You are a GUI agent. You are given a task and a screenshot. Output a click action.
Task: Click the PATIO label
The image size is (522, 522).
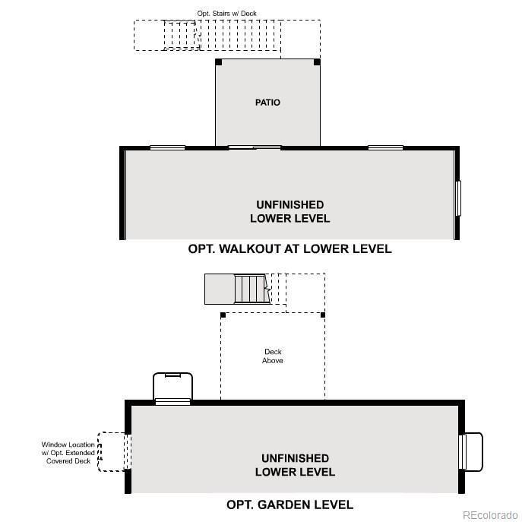click(x=267, y=103)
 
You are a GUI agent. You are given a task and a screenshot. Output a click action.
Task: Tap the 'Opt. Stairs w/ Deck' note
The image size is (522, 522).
click(x=226, y=14)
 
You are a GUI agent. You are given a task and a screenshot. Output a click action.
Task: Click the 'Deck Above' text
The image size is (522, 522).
click(x=273, y=356)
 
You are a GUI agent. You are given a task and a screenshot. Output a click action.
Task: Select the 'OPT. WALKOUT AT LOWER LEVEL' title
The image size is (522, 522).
click(x=289, y=248)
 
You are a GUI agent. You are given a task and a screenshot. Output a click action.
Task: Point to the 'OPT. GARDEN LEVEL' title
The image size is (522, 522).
click(x=289, y=505)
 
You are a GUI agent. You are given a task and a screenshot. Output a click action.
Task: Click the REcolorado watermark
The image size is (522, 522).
click(x=490, y=514)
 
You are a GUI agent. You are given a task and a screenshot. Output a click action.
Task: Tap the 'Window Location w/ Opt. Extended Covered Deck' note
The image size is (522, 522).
click(x=68, y=452)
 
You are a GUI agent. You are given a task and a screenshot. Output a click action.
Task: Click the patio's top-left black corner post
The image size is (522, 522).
click(x=218, y=62)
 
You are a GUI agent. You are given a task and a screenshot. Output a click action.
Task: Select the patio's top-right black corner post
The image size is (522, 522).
click(x=317, y=62)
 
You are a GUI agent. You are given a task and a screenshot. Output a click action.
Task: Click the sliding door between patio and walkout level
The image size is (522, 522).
click(x=255, y=147)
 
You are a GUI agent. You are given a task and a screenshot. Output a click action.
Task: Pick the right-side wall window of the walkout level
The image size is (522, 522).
click(x=458, y=198)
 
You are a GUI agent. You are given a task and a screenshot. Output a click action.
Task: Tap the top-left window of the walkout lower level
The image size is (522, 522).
click(x=167, y=147)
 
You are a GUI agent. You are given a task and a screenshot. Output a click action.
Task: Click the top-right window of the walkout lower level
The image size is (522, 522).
click(x=385, y=147)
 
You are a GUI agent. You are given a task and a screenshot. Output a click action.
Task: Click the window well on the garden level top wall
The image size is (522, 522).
click(x=172, y=388)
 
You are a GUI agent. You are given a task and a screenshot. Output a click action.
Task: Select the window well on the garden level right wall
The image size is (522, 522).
click(x=471, y=452)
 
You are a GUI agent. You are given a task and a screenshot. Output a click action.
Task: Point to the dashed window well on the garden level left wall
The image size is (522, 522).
click(x=113, y=452)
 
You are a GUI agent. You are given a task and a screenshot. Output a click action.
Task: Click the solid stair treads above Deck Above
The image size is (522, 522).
click(x=252, y=289)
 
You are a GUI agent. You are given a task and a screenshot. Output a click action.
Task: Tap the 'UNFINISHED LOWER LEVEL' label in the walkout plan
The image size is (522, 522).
click(x=290, y=211)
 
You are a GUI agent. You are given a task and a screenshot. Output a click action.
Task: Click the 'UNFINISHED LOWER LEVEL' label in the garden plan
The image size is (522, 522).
click(x=295, y=465)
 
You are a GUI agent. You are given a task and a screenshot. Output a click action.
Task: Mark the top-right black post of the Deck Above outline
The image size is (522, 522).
click(x=323, y=315)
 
